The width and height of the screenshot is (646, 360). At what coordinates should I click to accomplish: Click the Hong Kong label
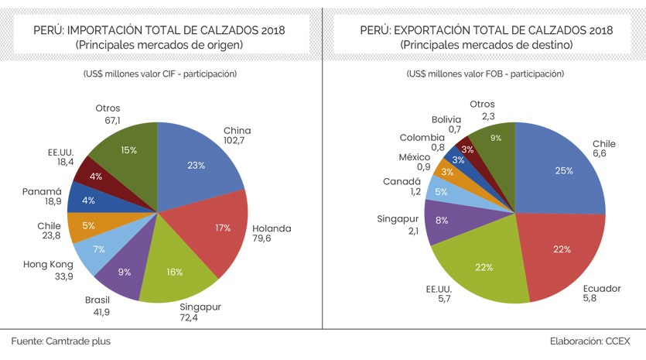click(48, 265)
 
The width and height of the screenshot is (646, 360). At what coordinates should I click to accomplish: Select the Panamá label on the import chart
click(42, 191)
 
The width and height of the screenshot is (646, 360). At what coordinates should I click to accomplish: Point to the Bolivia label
click(446, 119)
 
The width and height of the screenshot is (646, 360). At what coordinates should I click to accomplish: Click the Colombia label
click(422, 137)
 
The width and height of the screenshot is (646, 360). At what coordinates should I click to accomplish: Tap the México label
click(414, 156)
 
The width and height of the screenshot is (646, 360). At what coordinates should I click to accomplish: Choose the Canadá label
click(401, 181)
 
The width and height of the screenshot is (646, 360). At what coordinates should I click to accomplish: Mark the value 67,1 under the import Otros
click(108, 121)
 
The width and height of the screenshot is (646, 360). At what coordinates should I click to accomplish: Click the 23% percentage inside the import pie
click(196, 164)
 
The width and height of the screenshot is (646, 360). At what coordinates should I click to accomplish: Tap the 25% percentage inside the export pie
click(563, 170)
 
